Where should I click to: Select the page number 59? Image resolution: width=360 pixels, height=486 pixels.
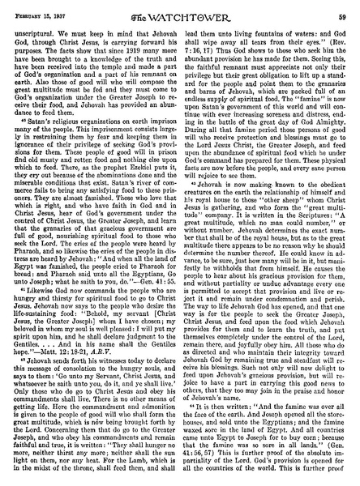[x=346, y=7]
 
